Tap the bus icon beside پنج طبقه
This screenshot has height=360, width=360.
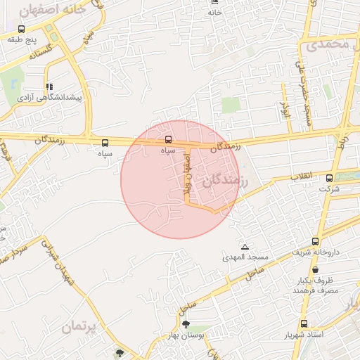[22, 30]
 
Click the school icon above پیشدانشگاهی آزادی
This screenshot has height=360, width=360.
[49, 86]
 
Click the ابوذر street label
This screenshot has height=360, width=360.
[284, 108]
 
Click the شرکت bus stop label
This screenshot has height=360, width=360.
[328, 189]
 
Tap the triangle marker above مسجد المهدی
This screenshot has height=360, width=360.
[245, 247]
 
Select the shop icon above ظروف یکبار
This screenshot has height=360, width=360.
[314, 269]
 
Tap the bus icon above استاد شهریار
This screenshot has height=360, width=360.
[304, 324]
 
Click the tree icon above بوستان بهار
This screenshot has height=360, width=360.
[186, 324]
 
